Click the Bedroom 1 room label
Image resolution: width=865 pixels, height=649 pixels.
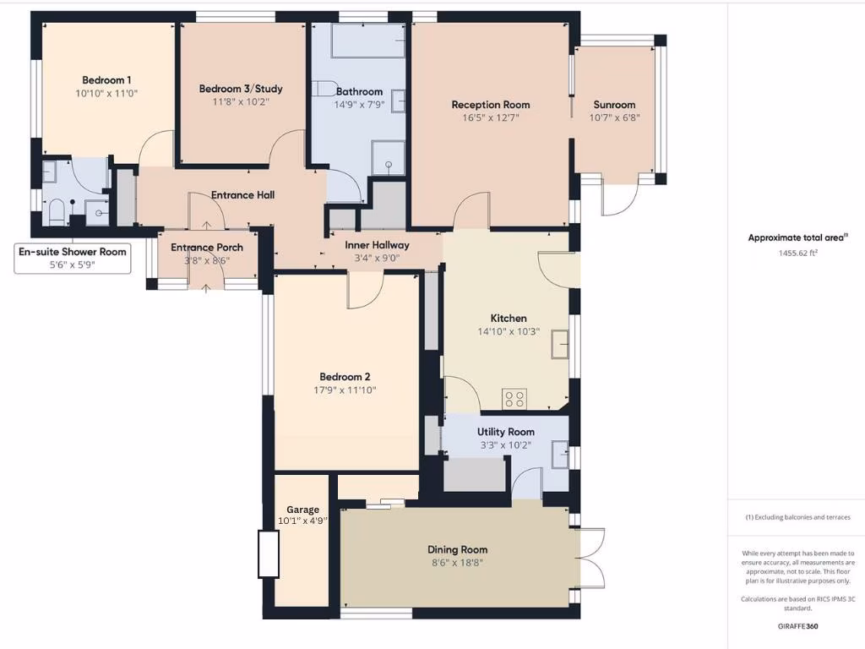coord(106,79)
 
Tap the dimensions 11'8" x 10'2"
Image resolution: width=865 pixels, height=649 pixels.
coord(241,102)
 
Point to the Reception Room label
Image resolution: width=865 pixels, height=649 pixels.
coord(491,105)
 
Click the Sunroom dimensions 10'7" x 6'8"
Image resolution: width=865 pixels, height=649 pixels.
coord(614,118)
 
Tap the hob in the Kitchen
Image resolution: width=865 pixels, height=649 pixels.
coord(514,398)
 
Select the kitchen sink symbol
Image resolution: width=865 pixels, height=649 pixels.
coord(558,345)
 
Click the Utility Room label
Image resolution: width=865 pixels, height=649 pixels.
coord(505,432)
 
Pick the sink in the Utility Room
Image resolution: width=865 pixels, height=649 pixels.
coord(558,456)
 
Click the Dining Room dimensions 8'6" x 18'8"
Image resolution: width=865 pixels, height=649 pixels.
coord(457,564)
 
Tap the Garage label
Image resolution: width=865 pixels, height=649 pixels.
coord(302,510)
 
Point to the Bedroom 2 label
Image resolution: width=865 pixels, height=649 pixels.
coord(345,377)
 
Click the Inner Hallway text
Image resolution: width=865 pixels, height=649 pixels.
coord(377,245)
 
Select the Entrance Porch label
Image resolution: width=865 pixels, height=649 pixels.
coord(207,248)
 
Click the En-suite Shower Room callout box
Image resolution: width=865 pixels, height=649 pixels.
coord(73,258)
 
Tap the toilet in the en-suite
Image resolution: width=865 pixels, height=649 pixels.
coord(57,211)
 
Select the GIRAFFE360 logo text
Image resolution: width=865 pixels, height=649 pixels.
coord(797,626)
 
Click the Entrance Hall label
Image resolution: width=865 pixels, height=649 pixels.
coord(242,195)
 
